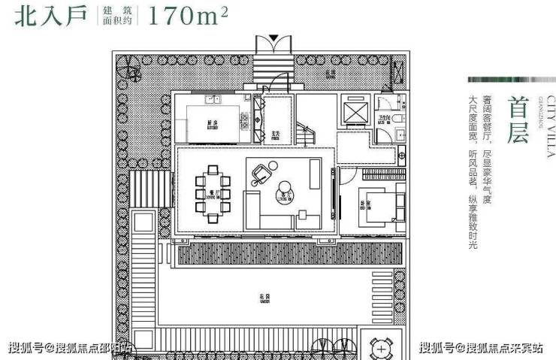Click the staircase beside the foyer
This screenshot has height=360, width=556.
[x=305, y=136]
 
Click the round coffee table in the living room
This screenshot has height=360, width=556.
[x=285, y=190]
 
